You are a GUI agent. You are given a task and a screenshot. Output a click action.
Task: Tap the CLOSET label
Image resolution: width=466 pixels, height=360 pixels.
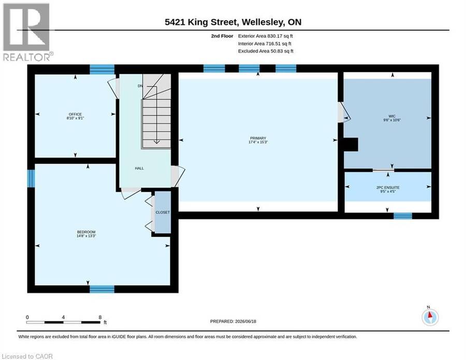(x=163, y=212)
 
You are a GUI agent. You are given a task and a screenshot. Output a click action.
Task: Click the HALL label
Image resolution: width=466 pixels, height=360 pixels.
(x=139, y=168)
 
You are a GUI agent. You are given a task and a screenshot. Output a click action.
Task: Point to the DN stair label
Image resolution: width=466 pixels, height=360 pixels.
(x=140, y=86)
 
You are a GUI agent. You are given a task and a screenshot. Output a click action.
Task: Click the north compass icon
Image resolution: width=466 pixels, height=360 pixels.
(x=430, y=317)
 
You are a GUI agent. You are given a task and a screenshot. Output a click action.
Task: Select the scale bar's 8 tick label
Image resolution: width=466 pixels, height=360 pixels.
(x=100, y=317)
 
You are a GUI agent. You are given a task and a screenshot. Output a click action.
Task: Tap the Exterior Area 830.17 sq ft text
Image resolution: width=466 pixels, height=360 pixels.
(x=266, y=36)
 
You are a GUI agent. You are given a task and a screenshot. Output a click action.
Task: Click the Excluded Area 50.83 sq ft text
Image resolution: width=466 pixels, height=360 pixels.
(x=266, y=51)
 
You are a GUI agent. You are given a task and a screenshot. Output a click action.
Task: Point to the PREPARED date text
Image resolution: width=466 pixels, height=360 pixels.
(x=233, y=321)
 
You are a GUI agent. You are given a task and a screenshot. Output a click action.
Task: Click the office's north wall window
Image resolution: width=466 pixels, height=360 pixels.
(x=102, y=69)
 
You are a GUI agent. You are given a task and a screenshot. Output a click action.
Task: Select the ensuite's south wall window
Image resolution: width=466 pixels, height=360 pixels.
(x=403, y=216)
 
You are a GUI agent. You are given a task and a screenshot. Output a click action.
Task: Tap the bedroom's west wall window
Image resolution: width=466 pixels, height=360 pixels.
(x=31, y=178)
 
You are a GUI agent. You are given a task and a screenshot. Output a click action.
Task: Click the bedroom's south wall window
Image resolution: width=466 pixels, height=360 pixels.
(x=102, y=289)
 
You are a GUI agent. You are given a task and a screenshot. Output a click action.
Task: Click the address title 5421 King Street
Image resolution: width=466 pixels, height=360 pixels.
(x=201, y=22)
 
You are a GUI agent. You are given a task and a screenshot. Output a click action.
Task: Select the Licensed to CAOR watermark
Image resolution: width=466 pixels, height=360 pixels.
(x=27, y=356)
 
